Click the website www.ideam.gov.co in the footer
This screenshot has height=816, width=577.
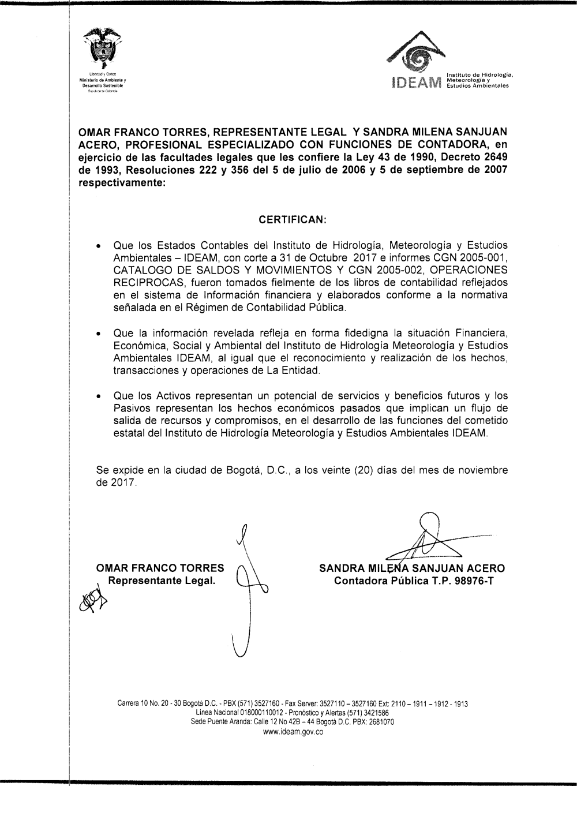(293, 732)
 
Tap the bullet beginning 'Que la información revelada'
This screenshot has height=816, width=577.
(99, 334)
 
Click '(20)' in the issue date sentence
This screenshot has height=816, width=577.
(358, 470)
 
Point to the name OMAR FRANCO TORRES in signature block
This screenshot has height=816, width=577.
(160, 568)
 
